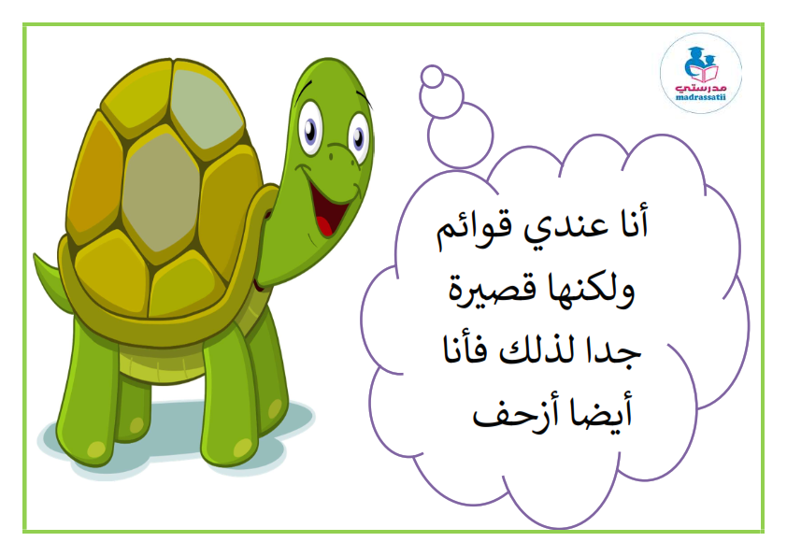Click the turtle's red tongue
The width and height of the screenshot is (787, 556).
(x=324, y=225)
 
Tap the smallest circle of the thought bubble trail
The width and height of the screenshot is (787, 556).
(x=432, y=77)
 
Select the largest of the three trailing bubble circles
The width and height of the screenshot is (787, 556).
(x=460, y=135)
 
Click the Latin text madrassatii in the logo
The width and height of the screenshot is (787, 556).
(x=701, y=97)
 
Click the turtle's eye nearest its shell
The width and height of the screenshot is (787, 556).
(x=311, y=128)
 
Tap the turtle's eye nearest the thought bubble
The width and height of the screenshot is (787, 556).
(x=358, y=137)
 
